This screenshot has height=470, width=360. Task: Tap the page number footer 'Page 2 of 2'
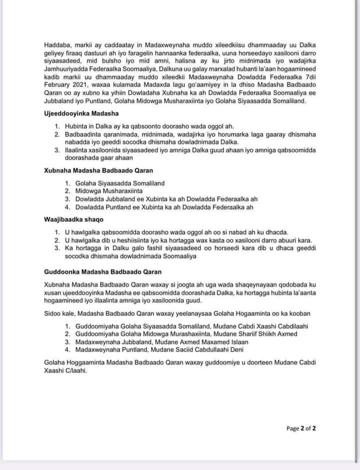[x=301, y=428]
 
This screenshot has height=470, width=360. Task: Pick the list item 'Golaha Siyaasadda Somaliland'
[x=120, y=183]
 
